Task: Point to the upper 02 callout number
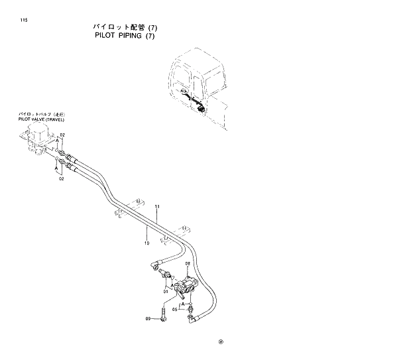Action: pyautogui.click(x=62, y=135)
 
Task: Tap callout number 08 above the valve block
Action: pyautogui.click(x=188, y=264)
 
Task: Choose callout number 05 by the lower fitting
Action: pyautogui.click(x=175, y=309)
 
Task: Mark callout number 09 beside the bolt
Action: pyautogui.click(x=148, y=318)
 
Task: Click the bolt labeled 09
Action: pyautogui.click(x=163, y=314)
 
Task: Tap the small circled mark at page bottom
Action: pyautogui.click(x=221, y=343)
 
